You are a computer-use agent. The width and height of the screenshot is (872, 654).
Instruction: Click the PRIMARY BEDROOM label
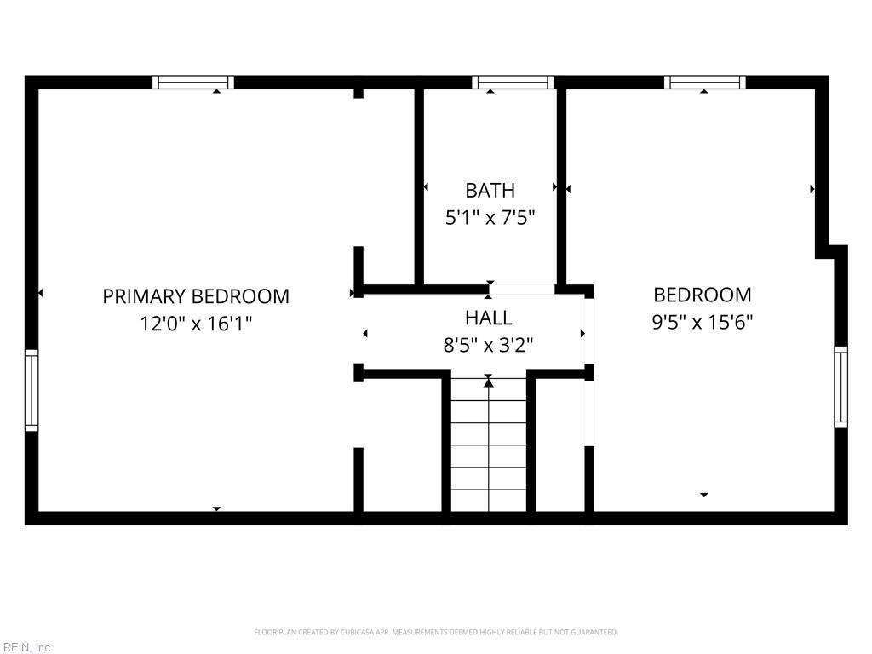[x=196, y=296]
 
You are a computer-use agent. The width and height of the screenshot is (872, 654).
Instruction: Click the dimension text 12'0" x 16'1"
[x=196, y=324]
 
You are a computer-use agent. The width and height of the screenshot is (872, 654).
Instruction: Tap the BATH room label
[x=490, y=190]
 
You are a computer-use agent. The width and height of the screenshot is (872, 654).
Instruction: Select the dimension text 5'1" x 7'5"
[x=490, y=218]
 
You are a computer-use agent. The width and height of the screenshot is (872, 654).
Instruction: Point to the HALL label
[x=489, y=318]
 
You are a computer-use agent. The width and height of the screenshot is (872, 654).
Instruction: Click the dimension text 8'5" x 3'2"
[x=489, y=345]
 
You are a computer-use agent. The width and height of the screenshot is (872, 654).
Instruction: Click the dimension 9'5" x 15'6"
[x=703, y=322]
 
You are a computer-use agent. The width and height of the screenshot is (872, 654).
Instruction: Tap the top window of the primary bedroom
[x=193, y=83]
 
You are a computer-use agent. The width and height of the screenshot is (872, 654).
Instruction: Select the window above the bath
[x=513, y=83]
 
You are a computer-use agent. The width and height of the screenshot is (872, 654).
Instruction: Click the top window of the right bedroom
[x=704, y=83]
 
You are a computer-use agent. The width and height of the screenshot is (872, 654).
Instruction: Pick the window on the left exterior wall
[x=32, y=390]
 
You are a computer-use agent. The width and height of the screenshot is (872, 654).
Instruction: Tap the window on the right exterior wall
[x=840, y=387]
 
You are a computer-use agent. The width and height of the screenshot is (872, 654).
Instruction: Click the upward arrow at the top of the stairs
[x=489, y=383]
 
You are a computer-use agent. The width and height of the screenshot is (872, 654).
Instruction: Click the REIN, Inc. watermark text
[x=27, y=647]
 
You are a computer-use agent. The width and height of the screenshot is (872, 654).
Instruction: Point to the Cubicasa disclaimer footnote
[x=435, y=632]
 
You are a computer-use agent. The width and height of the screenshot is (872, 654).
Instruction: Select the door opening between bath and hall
[x=522, y=290]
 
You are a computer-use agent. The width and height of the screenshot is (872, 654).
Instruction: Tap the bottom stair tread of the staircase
[x=489, y=502]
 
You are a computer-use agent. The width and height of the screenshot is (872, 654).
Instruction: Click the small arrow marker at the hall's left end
[x=366, y=333]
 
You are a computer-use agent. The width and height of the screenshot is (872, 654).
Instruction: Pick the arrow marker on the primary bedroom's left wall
[x=40, y=293]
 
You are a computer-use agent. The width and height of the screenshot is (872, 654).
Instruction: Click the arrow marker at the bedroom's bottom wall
[x=703, y=495]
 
